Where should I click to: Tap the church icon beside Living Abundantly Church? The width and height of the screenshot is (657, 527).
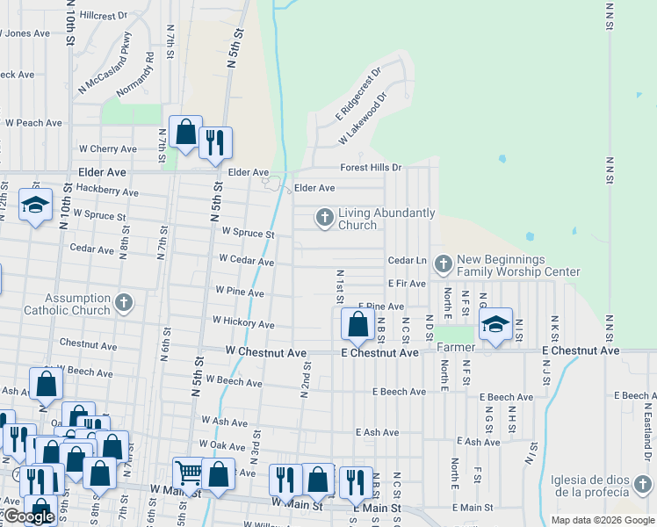click(325, 217)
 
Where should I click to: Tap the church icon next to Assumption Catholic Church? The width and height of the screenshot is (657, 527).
click(124, 304)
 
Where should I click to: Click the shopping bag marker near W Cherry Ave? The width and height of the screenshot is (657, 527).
click(186, 134)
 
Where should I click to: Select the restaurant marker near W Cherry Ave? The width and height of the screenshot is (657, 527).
click(215, 141)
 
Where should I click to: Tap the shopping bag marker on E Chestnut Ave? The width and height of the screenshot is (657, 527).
click(357, 324)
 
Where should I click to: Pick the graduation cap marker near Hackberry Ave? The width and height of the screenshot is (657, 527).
click(35, 206)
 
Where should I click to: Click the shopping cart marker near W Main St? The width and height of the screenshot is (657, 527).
click(189, 473)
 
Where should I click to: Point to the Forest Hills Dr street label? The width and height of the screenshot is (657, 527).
click(371, 168)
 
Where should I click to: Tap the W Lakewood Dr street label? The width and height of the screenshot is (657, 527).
click(363, 121)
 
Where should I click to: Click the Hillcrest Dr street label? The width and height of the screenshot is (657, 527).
click(103, 16)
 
